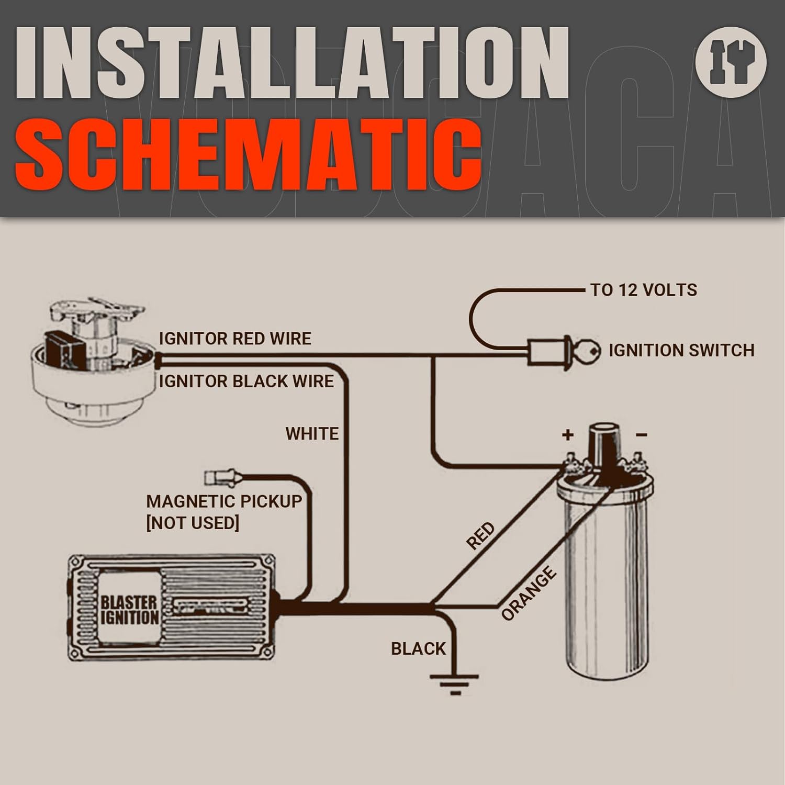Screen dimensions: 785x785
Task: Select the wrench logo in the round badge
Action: (731, 62)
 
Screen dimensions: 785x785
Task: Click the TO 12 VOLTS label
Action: (643, 290)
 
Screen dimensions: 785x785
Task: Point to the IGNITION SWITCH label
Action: (681, 350)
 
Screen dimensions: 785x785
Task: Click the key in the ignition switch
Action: (588, 351)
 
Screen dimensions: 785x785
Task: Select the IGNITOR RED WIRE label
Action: (235, 339)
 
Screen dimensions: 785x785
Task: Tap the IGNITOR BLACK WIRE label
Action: (246, 381)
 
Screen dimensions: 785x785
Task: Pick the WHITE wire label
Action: (312, 434)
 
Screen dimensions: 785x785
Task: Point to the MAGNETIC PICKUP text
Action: (224, 501)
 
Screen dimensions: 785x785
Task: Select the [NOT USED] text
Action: (193, 523)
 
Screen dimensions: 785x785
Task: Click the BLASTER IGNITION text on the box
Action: (129, 610)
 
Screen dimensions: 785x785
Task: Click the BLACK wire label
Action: (418, 648)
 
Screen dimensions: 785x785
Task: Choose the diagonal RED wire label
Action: (480, 536)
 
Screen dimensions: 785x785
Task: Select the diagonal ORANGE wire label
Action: (529, 593)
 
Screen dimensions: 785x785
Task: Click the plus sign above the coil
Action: (568, 434)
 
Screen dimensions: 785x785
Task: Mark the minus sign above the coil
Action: (642, 434)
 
